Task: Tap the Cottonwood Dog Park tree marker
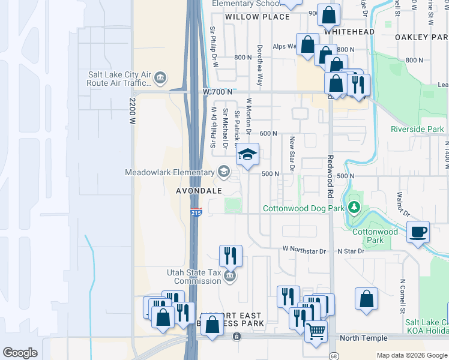[x=354, y=208]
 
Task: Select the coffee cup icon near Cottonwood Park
[x=418, y=231]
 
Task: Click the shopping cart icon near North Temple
[x=316, y=331]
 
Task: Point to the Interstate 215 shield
[x=196, y=213]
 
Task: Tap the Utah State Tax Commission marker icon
[x=229, y=276]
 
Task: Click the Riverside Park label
[x=417, y=129]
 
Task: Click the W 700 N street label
[x=216, y=91]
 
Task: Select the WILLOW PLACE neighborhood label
[x=249, y=17]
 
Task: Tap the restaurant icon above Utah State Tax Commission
[x=230, y=256]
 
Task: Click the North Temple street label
[x=363, y=338]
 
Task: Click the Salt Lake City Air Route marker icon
[x=160, y=77]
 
